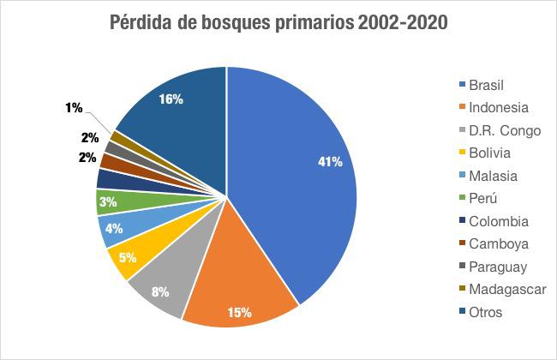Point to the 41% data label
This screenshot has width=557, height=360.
point(331,161)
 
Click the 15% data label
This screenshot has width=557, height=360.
point(239,312)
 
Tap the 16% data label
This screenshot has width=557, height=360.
point(171,99)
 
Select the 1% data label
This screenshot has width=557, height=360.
point(74,107)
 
